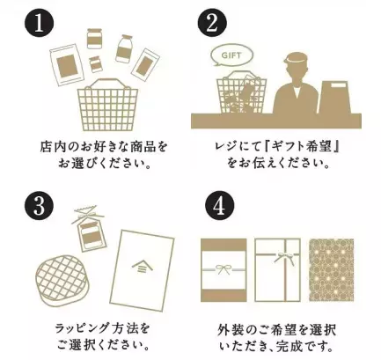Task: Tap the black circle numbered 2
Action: (211, 23)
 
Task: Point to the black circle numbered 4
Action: (211, 207)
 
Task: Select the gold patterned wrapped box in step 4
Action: (332, 269)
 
